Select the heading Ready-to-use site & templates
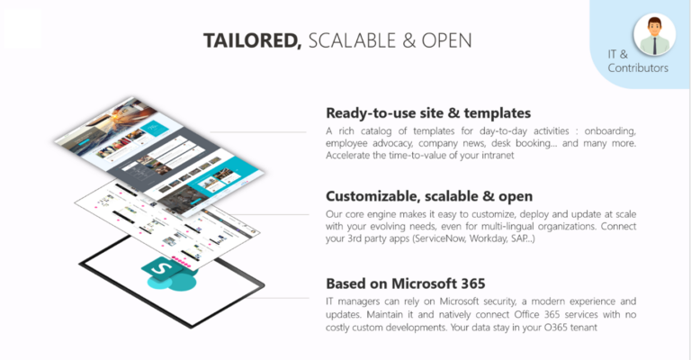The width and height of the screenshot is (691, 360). [427, 113]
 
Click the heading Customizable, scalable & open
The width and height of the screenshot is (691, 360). [429, 196]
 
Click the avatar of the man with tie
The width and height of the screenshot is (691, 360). [654, 34]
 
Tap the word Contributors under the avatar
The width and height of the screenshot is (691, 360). [638, 67]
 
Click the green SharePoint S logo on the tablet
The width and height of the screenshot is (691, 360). [160, 273]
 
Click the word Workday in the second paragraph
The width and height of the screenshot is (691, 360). [502, 238]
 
